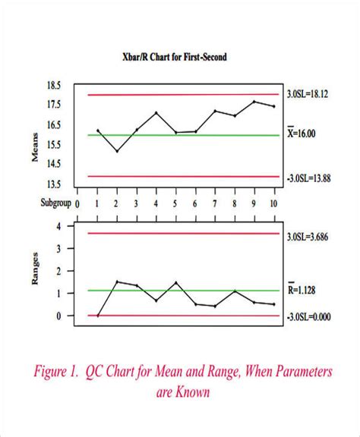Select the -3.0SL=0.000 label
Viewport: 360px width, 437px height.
[x=310, y=316]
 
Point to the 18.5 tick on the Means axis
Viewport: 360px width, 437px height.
[x=54, y=85]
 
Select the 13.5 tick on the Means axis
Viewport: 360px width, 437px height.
[x=54, y=184]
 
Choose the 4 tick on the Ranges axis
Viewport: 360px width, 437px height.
[x=59, y=227]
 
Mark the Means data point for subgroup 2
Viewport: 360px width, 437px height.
[x=116, y=151]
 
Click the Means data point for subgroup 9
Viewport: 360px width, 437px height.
[x=254, y=102]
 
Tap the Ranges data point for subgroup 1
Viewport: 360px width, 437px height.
[x=97, y=315]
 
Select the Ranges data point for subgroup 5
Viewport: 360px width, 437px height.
[x=175, y=283]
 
